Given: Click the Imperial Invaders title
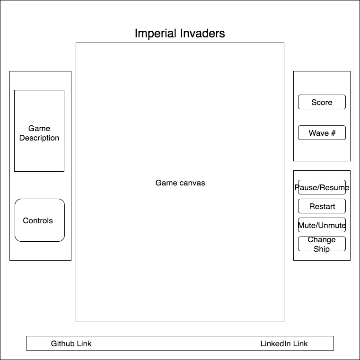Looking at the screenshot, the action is pyautogui.click(x=180, y=34).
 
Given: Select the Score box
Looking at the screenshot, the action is pyautogui.click(x=322, y=102).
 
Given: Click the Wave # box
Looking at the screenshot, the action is pyautogui.click(x=322, y=133).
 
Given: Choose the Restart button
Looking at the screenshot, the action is pyautogui.click(x=322, y=206).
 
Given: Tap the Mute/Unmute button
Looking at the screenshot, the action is pyautogui.click(x=322, y=226).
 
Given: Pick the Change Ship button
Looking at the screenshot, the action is pyautogui.click(x=322, y=244).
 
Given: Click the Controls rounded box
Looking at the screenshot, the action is pyautogui.click(x=39, y=220).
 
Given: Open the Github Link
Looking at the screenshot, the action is pyautogui.click(x=71, y=343).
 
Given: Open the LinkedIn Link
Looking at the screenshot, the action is pyautogui.click(x=284, y=343).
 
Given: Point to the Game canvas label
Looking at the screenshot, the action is pyautogui.click(x=180, y=183).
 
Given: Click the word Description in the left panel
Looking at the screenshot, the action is pyautogui.click(x=39, y=138).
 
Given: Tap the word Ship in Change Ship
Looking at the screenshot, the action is pyautogui.click(x=322, y=249).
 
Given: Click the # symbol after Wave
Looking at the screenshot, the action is pyautogui.click(x=333, y=133).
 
